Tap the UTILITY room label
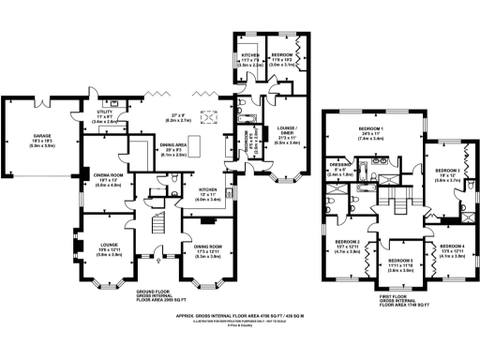103,113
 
